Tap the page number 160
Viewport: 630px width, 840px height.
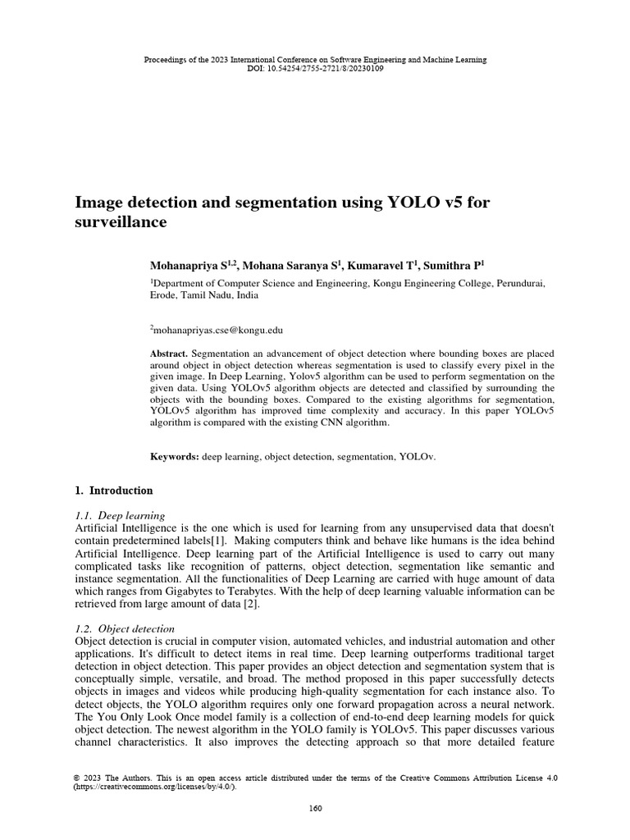[x=315, y=808]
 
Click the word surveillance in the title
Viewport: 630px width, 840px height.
[x=121, y=222]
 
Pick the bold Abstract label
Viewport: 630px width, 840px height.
[x=168, y=349]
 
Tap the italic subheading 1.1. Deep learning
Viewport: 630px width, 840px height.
[x=120, y=515]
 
